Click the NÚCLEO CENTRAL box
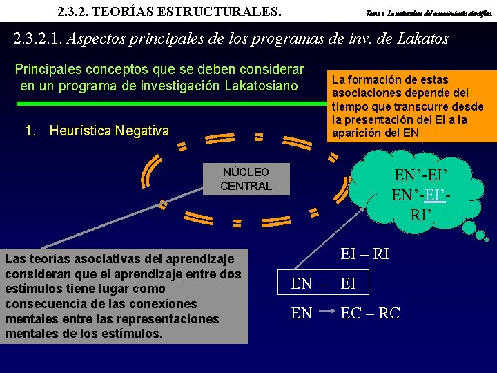click(246, 179)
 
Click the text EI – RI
click(365, 254)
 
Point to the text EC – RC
click(370, 313)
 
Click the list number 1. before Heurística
click(31, 131)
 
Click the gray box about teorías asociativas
click(124, 296)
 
